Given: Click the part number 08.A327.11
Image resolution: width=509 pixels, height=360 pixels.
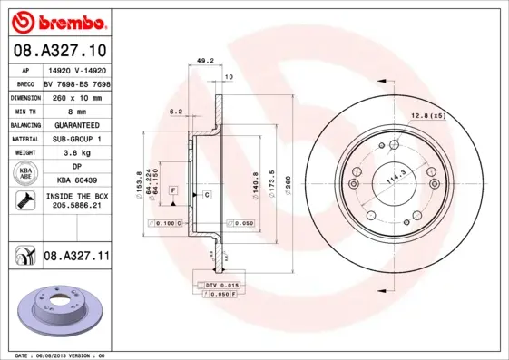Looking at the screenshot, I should point(77,258).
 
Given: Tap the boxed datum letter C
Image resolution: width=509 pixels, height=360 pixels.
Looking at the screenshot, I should point(207,195).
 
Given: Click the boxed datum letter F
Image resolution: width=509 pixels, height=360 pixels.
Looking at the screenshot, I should point(171,189).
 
